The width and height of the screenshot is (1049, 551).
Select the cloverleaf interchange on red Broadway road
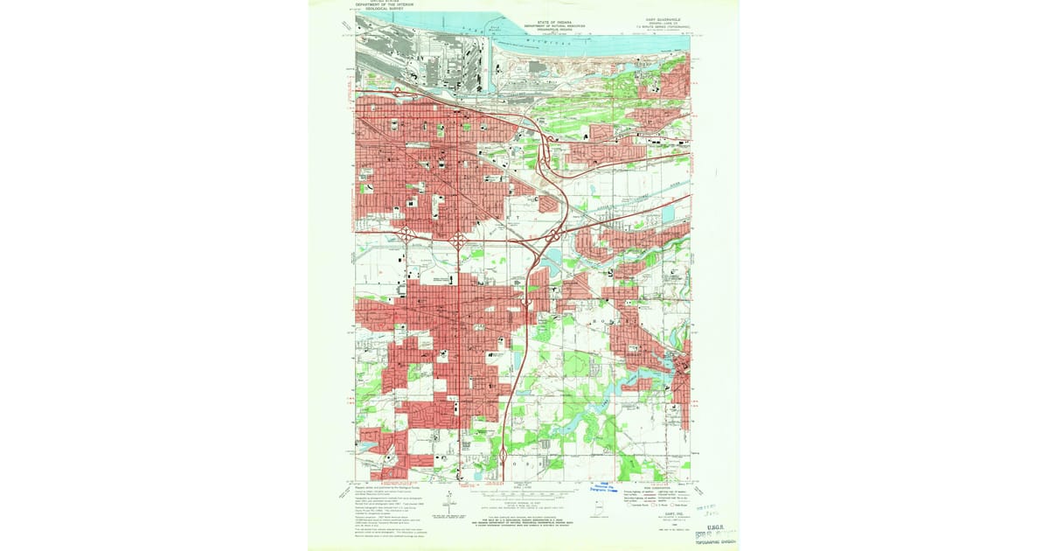458,236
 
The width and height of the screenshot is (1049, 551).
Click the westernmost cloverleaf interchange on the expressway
406,233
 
